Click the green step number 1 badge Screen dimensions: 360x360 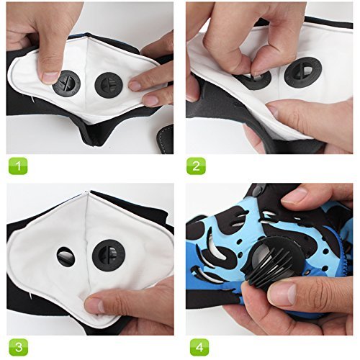18,166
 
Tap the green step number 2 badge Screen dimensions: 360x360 196,166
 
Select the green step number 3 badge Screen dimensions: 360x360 19,347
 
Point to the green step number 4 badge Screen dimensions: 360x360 199,347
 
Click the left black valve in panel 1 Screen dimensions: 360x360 66,84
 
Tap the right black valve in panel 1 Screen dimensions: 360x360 109,85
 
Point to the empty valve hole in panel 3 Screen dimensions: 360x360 66,256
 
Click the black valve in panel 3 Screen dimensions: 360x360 109,255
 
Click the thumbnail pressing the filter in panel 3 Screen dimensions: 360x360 93,305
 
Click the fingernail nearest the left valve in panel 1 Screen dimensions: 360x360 50,77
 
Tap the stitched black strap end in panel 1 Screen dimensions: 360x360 165,139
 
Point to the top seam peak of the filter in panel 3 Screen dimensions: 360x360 88,193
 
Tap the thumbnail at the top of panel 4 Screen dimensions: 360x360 294,195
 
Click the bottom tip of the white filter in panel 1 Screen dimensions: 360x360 90,122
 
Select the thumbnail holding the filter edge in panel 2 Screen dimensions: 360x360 274,110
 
